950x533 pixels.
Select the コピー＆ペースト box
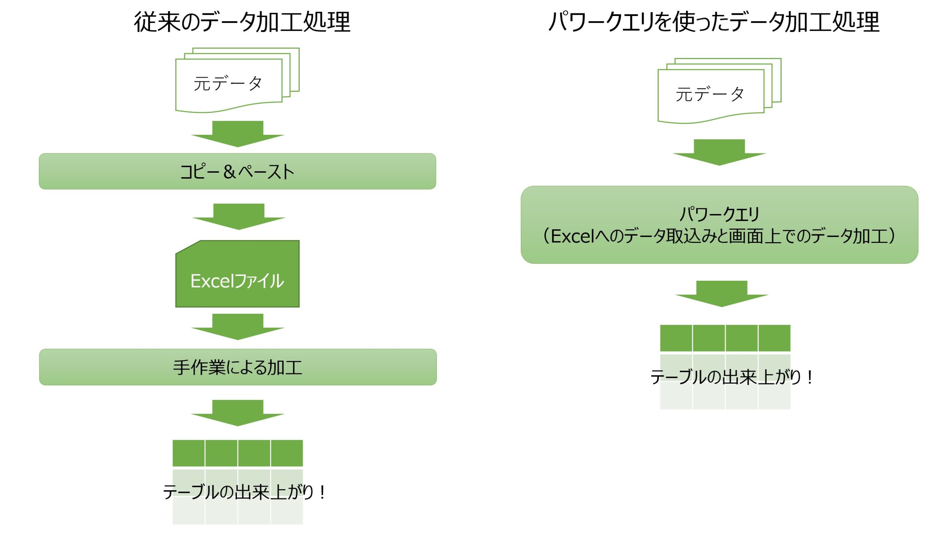pyautogui.click(x=237, y=171)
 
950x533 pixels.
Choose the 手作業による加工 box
pyautogui.click(x=237, y=367)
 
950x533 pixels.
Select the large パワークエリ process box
pyautogui.click(x=719, y=225)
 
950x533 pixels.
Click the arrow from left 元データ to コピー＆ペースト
pyautogui.click(x=237, y=134)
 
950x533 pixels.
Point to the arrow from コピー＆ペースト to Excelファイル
pyautogui.click(x=238, y=216)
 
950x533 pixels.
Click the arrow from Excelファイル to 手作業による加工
pyautogui.click(x=237, y=326)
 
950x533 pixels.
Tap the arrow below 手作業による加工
pyautogui.click(x=237, y=413)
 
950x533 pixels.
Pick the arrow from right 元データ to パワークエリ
pyautogui.click(x=719, y=152)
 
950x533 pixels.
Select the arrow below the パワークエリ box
pyautogui.click(x=721, y=293)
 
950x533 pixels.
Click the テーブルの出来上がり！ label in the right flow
pyautogui.click(x=731, y=377)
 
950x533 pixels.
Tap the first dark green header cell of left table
pyautogui.click(x=189, y=453)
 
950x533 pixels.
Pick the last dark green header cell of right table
pyautogui.click(x=774, y=338)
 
